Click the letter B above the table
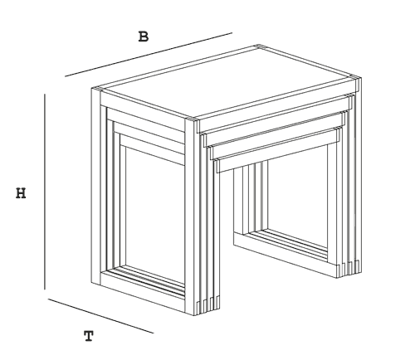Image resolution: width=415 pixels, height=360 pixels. pos(144,36)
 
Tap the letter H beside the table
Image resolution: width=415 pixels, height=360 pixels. pos(21,193)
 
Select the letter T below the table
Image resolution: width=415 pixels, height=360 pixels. pos(89,336)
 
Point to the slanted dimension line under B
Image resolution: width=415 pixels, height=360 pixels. pos(149,55)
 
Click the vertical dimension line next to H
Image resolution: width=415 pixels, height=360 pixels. pos(45,192)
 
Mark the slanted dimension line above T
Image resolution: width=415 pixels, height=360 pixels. pos(101,316)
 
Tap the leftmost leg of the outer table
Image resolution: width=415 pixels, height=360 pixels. pos(95,187)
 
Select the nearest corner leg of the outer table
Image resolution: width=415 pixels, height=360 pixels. pos(190,217)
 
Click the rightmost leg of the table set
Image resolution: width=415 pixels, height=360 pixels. pos(359,177)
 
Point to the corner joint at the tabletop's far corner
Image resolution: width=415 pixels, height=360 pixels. pos(258,46)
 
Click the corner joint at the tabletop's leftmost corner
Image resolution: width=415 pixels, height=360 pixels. pos(97,90)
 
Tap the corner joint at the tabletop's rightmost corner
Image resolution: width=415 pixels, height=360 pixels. pos(355,77)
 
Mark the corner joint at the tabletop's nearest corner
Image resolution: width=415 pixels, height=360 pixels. pos(193,120)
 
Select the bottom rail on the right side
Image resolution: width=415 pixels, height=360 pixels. pos(286,255)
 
